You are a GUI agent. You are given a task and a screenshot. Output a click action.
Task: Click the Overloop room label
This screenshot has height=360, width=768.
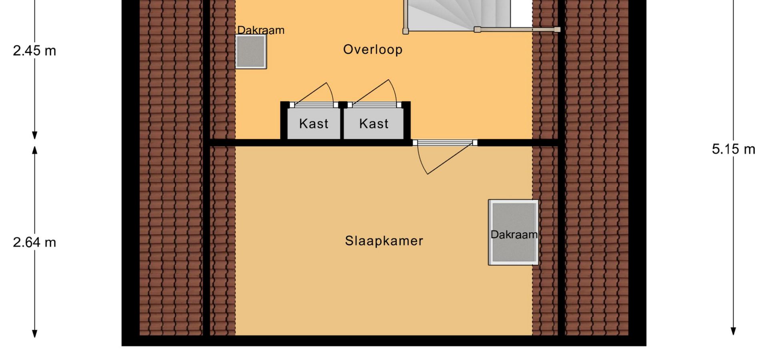(x=373, y=50)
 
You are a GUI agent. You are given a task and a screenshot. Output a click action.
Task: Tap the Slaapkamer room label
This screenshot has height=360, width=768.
(x=384, y=241)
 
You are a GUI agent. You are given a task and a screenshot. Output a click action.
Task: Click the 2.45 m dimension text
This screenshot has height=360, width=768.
(x=34, y=51)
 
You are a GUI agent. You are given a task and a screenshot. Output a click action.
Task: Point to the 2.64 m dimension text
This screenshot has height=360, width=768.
(x=34, y=242)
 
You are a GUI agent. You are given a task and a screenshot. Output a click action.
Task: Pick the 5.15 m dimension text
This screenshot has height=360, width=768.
(x=734, y=149)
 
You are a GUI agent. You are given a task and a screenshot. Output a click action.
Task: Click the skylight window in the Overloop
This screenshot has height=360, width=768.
(x=251, y=52)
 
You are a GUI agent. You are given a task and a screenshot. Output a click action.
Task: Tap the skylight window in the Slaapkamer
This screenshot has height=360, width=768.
(x=513, y=232)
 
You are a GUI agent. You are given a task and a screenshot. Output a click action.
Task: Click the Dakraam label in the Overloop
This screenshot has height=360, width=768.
(x=261, y=30)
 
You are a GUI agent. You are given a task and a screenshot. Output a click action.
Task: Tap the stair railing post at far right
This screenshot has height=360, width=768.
(x=557, y=29)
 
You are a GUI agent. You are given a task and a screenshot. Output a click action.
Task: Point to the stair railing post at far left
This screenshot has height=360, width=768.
(x=406, y=31)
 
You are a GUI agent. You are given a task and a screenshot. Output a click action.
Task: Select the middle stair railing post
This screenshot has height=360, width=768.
(x=477, y=29)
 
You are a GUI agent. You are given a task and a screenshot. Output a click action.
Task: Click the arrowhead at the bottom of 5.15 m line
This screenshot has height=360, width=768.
(x=733, y=331)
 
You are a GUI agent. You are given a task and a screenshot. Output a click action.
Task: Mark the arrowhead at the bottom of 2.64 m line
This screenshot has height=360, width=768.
(x=35, y=333)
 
